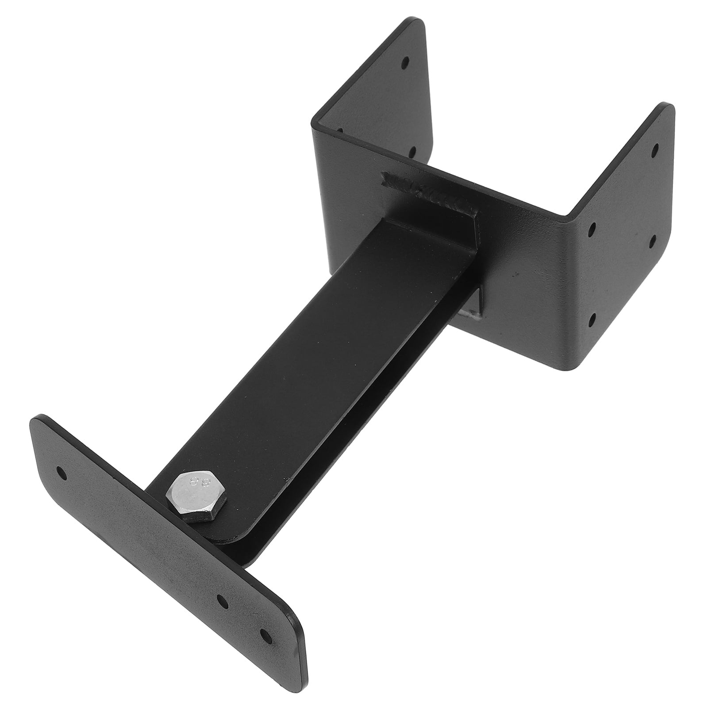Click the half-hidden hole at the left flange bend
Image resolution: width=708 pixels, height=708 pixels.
(340, 131)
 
